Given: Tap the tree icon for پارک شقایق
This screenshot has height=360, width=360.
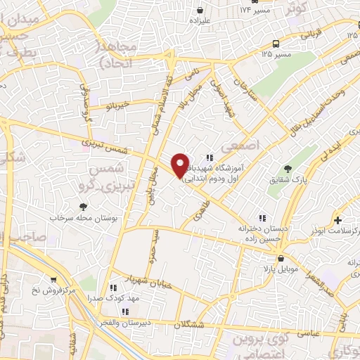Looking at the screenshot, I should tap(288, 168).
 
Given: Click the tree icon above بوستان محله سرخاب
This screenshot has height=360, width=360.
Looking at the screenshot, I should tap(84, 206).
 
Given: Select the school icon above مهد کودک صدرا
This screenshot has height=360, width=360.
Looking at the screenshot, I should tap(113, 287).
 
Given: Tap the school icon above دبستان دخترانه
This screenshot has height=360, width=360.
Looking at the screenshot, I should tap(263, 218).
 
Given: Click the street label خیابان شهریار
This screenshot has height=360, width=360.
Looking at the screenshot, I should tap(127, 279).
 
